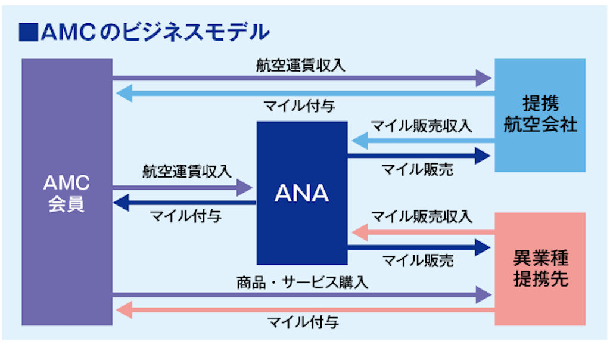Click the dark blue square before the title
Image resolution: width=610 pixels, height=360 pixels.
[x=27, y=32]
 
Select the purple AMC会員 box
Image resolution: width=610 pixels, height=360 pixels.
[x=67, y=192]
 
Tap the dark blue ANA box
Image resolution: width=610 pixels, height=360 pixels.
[x=302, y=193]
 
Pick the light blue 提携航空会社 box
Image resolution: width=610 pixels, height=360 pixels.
[x=540, y=115]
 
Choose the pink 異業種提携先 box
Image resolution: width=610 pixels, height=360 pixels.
[x=540, y=269]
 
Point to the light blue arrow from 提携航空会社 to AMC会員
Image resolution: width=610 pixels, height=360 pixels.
[x=304, y=93]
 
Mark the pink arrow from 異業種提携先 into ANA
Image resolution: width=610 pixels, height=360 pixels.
[x=423, y=231]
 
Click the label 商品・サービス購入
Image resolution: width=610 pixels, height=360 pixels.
[x=302, y=281]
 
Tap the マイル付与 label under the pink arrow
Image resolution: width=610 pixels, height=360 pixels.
[x=303, y=323]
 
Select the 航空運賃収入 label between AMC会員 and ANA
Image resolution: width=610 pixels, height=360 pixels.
[x=186, y=172]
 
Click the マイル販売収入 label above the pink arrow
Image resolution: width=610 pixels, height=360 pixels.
[x=422, y=216]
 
